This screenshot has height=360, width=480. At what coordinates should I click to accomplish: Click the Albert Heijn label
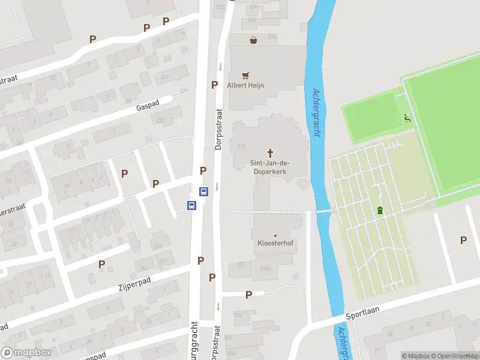[x=245, y=85]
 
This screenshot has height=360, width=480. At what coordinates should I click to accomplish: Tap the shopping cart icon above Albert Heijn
[x=245, y=76]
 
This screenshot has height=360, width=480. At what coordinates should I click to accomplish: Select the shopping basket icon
[x=254, y=40]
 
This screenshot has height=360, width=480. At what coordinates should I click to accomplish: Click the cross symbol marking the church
[x=270, y=153]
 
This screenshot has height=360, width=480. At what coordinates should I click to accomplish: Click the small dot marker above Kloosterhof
[x=275, y=236]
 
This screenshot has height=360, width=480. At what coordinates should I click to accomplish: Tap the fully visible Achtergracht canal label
[x=316, y=113]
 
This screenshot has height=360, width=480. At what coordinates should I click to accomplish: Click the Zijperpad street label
[x=134, y=284]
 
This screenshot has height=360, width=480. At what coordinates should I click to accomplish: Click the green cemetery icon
[x=380, y=210]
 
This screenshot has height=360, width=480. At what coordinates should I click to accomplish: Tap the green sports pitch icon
[x=407, y=118]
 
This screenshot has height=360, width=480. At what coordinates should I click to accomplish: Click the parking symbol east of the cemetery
[x=463, y=240]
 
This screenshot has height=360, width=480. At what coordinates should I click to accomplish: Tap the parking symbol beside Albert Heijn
[x=214, y=85]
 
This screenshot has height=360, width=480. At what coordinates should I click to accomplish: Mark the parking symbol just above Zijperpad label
[x=101, y=264]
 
